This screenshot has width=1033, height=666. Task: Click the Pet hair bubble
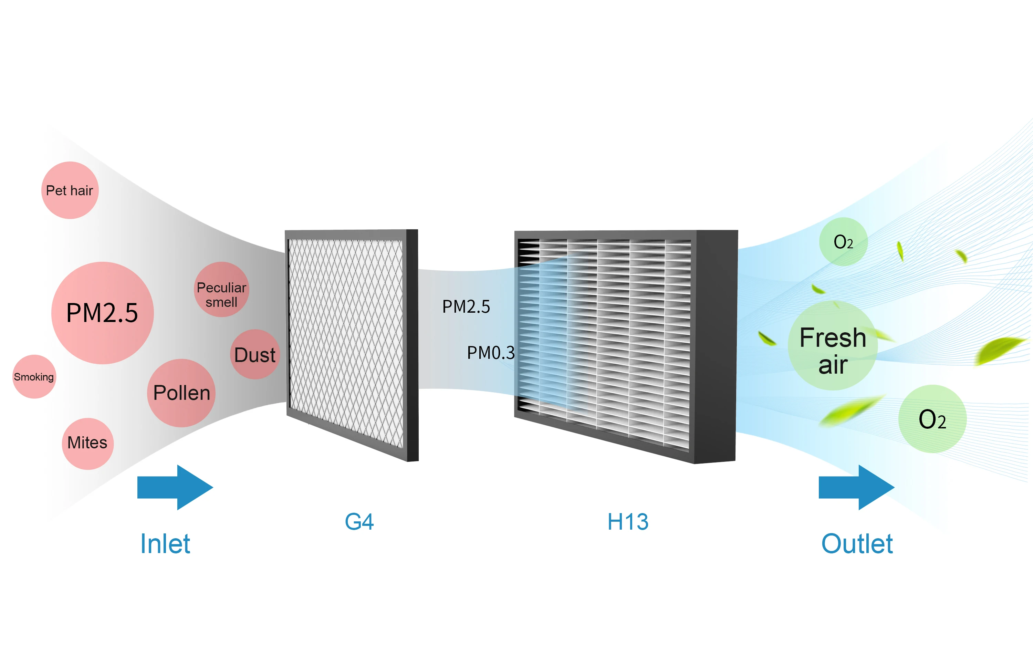70,190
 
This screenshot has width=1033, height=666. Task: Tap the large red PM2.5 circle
103,313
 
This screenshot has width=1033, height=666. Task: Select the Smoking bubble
34,377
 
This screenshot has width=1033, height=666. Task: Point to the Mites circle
88,443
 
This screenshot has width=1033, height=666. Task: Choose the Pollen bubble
181,393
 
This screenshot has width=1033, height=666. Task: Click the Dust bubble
255,355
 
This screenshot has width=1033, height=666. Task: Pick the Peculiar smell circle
221,289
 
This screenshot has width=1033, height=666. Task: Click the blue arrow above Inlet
175,487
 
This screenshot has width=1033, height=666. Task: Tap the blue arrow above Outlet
856,487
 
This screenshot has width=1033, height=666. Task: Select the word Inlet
165,544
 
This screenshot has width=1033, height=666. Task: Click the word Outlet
857,544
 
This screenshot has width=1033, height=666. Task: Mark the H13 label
628,522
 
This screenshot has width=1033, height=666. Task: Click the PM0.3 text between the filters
491,353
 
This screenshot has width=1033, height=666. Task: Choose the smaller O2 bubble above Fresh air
843,242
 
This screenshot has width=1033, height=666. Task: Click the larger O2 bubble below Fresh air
932,419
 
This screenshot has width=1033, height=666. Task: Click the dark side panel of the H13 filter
716,346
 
